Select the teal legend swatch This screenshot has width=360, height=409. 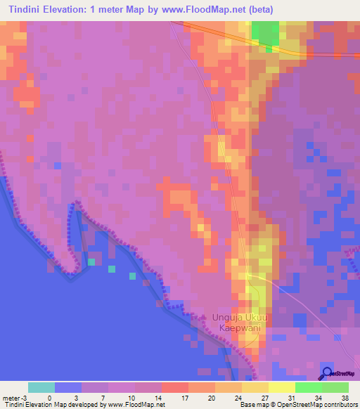click(41, 387)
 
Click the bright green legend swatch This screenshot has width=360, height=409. click(309, 387)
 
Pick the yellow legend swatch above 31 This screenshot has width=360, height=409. click(282, 387)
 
